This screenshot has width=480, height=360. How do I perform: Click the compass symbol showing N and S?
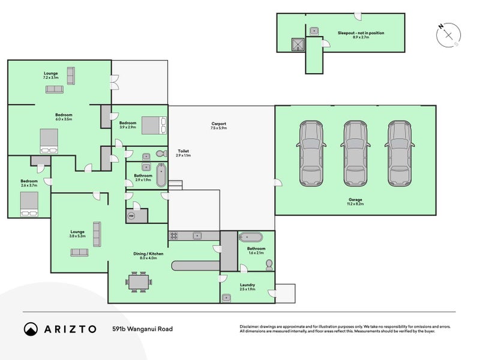[x=448, y=35]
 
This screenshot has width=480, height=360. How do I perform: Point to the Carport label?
[x=218, y=125]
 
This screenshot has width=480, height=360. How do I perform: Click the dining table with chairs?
[x=139, y=280]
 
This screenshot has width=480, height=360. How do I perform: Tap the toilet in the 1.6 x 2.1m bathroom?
[x=268, y=264]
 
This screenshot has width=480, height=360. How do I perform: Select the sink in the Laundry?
[x=228, y=296]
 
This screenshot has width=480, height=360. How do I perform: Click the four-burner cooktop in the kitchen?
[x=174, y=235]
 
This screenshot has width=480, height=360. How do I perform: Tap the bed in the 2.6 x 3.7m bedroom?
[x=28, y=211]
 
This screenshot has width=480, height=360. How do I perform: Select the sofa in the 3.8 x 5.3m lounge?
[x=79, y=252]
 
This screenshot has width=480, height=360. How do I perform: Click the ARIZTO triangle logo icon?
[x=31, y=329]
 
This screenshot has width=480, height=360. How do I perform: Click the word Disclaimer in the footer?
[x=250, y=323]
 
